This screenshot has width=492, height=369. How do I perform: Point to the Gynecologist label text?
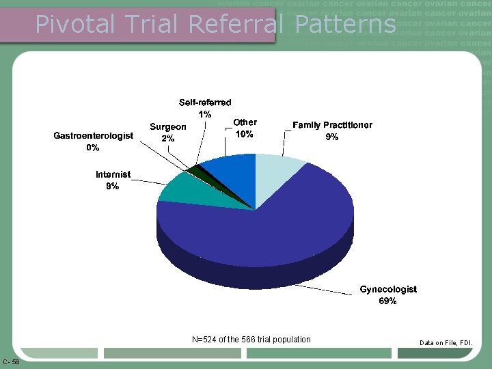coord(388,290)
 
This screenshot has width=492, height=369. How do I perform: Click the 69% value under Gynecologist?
coord(388,301)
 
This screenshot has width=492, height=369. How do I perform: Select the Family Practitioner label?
coord(332,125)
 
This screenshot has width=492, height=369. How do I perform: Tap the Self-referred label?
coord(205,102)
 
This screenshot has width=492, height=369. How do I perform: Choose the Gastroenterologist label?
coord(93,136)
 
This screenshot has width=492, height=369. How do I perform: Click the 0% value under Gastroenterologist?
coord(93,148)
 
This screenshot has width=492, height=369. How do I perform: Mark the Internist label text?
coord(113,175)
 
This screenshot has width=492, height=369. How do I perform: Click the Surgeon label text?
coord(168,126)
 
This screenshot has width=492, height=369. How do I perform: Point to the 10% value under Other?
coord(245,135)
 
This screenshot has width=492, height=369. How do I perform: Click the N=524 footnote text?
coord(251,340)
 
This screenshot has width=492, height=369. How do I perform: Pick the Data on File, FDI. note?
coord(446,342)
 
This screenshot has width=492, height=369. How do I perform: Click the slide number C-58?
coord(11,361)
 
